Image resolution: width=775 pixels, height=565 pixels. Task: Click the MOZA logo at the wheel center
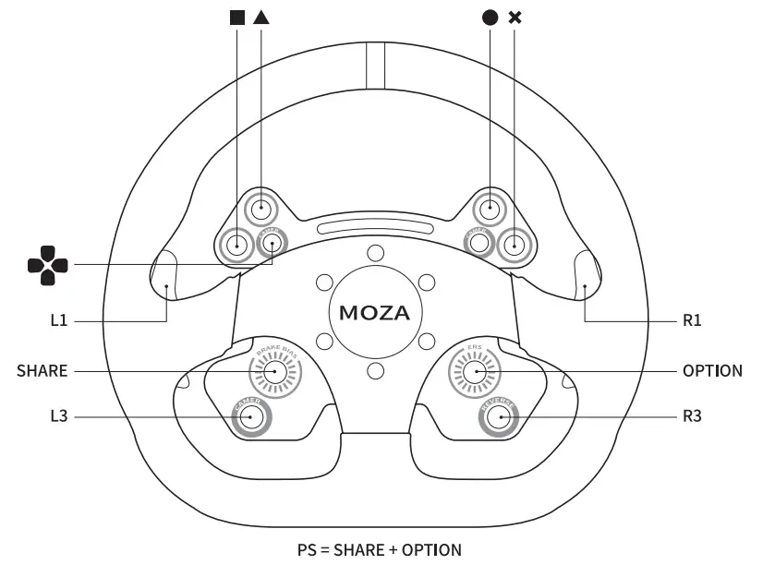pyautogui.click(x=374, y=312)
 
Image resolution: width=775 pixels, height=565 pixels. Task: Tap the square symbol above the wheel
pyautogui.click(x=238, y=17)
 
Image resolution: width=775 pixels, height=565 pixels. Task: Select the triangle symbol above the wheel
pyautogui.click(x=261, y=17)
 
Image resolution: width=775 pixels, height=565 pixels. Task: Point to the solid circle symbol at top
pyautogui.click(x=490, y=17)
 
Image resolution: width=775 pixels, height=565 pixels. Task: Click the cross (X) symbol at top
pyautogui.click(x=515, y=17)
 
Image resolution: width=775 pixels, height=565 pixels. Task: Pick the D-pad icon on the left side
pyautogui.click(x=47, y=265)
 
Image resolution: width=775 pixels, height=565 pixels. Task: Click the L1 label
pyautogui.click(x=59, y=321)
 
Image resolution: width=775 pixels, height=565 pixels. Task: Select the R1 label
pyautogui.click(x=693, y=321)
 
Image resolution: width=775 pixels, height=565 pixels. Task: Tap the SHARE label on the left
pyautogui.click(x=42, y=371)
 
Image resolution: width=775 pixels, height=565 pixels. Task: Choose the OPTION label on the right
pyautogui.click(x=712, y=371)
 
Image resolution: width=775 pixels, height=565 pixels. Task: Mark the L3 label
pyautogui.click(x=59, y=417)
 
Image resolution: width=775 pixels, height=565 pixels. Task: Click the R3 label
pyautogui.click(x=693, y=417)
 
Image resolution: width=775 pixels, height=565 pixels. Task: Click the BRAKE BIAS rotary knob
pyautogui.click(x=274, y=371)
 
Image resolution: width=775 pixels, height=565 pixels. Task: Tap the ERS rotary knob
pyautogui.click(x=475, y=371)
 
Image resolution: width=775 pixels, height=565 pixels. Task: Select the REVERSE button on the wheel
pyautogui.click(x=500, y=417)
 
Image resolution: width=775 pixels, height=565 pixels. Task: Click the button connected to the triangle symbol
pyautogui.click(x=261, y=209)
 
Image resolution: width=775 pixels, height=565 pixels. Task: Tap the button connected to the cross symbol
pyautogui.click(x=514, y=245)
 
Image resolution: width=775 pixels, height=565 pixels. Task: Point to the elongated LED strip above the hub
pyautogui.click(x=374, y=227)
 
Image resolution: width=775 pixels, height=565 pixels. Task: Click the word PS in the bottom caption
pyautogui.click(x=308, y=550)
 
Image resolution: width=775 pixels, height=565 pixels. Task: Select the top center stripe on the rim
pyautogui.click(x=374, y=66)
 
